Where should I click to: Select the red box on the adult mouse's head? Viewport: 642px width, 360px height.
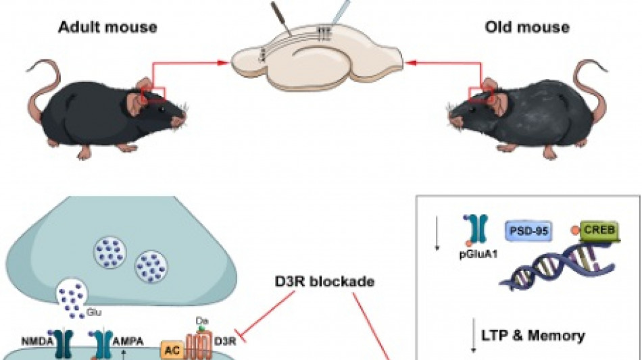pyautogui.click(x=153, y=96)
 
